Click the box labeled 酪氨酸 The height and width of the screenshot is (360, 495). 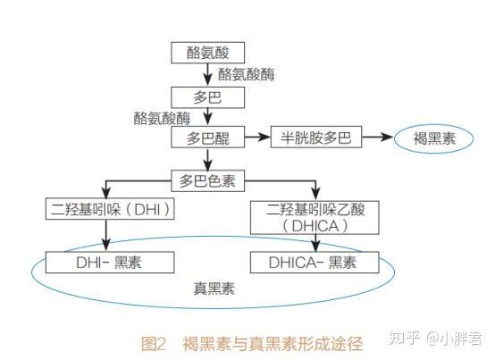coord(206,53)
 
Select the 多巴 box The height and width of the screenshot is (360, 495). coord(206,95)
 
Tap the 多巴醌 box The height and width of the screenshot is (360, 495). coord(207,138)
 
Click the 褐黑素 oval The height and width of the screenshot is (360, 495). coord(437,139)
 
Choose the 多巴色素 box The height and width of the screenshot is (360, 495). coord(206,181)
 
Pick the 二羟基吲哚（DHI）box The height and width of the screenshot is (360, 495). coord(108,210)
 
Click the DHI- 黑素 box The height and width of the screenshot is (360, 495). coord(108,263)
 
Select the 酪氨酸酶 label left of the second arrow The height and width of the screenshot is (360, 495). coord(162,117)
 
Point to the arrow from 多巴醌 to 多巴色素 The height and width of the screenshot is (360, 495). coord(206,160)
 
